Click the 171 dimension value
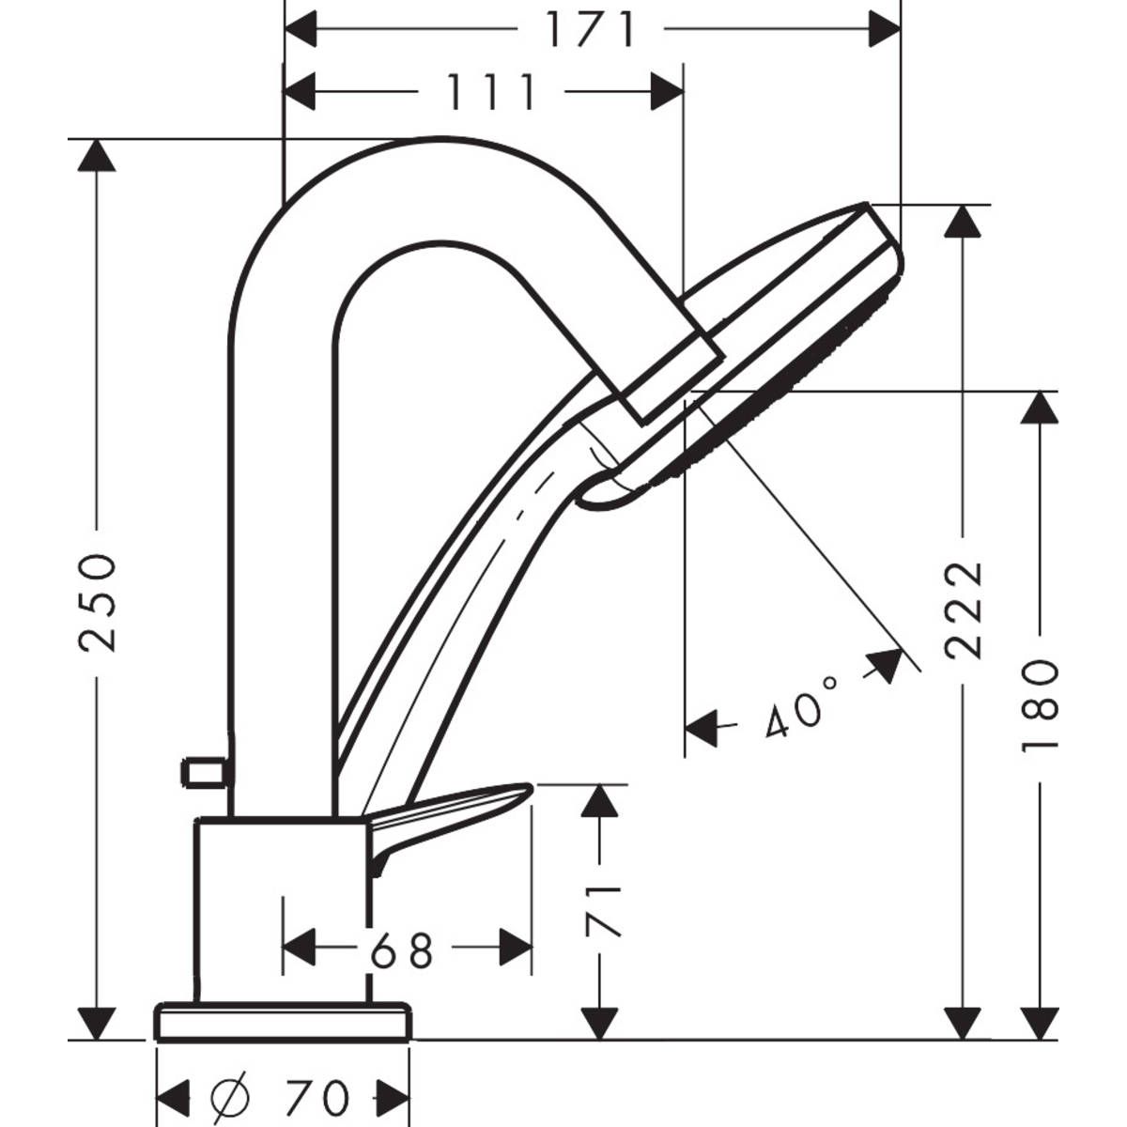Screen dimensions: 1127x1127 (592, 30)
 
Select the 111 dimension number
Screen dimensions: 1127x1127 (489, 92)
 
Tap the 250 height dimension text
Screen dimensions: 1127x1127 (98, 601)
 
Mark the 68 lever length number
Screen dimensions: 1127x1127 (401, 950)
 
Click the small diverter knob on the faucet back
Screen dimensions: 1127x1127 (204, 773)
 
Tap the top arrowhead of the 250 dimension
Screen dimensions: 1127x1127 (96, 156)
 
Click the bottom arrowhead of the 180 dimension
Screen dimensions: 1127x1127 (1040, 1023)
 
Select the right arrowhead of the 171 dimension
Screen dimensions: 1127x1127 (884, 30)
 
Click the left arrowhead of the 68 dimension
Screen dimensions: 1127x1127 (300, 947)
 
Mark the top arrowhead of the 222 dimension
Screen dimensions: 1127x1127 (964, 222)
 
